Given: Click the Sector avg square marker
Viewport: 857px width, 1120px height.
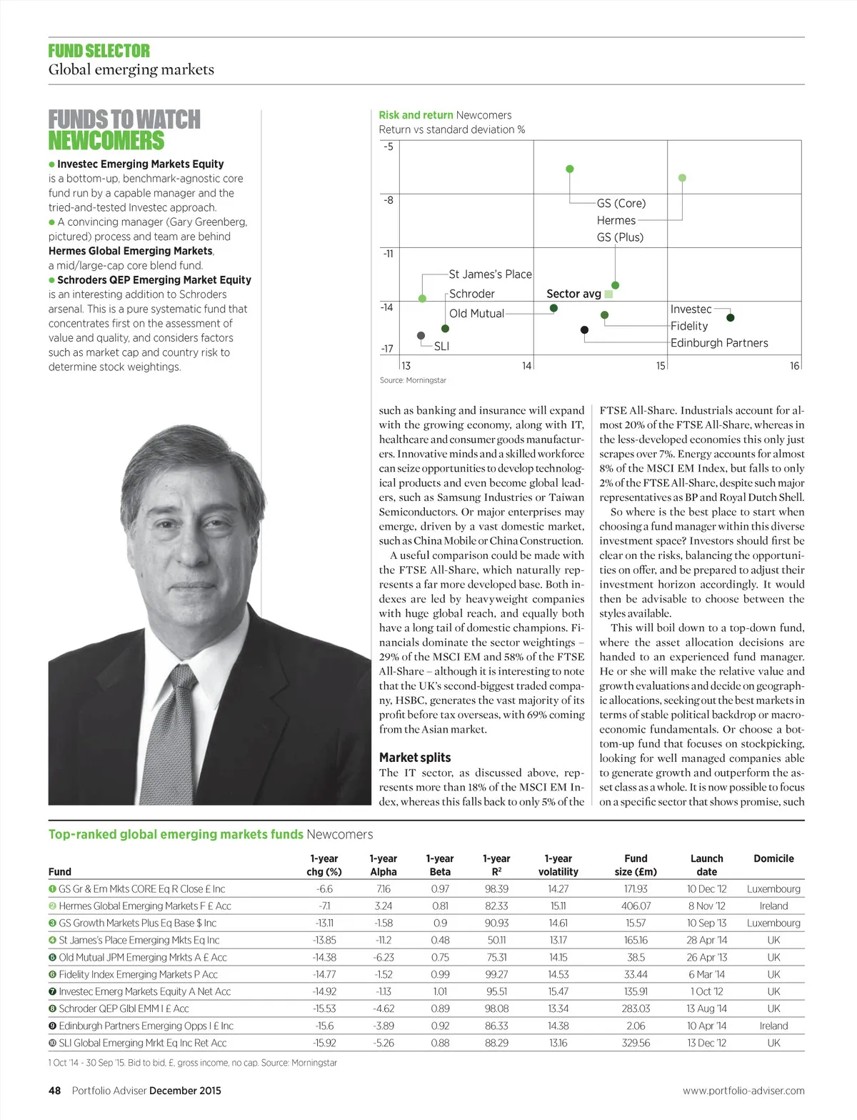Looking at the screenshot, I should tap(608, 294).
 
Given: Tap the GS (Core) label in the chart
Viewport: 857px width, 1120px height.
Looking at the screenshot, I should tap(621, 203).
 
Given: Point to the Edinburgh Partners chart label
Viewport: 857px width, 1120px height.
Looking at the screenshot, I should tap(718, 342).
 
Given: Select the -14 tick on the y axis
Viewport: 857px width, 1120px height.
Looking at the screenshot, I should tap(386, 307).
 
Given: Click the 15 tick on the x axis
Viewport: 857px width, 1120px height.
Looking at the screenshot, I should tap(661, 365).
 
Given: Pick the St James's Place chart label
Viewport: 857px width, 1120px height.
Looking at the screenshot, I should tap(490, 274).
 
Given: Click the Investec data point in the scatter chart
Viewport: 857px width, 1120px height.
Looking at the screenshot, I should tap(730, 317).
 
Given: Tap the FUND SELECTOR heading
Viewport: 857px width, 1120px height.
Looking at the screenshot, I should tap(99, 51).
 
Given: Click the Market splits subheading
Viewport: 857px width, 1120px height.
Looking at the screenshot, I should tap(415, 757).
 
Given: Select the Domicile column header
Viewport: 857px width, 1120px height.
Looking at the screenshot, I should tap(773, 858).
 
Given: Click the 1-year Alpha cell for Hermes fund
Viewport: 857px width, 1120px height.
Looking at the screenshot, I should tap(383, 906).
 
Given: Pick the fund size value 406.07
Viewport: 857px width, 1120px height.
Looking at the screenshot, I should tap(636, 906).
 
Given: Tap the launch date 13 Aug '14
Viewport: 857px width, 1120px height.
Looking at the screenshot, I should tap(706, 1009).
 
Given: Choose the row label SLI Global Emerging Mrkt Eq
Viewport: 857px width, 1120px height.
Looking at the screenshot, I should tap(142, 1043).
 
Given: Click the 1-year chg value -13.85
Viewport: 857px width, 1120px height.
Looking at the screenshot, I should tap(324, 940).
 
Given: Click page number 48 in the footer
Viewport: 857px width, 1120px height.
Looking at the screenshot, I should tap(55, 1090).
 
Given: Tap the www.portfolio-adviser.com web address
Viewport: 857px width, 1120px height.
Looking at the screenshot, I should tap(743, 1091).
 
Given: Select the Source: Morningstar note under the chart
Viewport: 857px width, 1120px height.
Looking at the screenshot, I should tap(413, 380).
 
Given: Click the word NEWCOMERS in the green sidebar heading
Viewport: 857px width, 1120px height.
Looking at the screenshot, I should tap(106, 140).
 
